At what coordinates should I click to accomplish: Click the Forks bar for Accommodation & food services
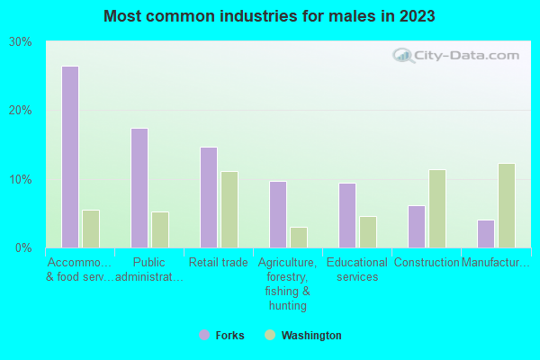pos(70,157)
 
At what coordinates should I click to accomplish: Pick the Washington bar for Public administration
pos(160,229)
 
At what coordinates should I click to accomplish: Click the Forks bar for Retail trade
pos(209,197)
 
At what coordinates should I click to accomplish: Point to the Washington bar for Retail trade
pos(229,209)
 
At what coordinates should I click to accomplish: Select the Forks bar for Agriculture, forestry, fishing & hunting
pos(278,214)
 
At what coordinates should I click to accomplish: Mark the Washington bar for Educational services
pos(368,231)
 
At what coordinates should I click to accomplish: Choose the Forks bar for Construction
pos(417,226)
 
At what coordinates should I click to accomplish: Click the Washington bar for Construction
pos(437,208)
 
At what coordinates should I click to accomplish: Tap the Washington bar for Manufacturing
pos(507,205)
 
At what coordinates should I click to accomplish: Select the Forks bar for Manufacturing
pos(486,233)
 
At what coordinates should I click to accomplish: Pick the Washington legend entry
pos(302,336)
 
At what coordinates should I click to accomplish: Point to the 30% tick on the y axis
pos(21,42)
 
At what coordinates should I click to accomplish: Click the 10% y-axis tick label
pos(21,179)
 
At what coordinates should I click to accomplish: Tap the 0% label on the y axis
pos(24,247)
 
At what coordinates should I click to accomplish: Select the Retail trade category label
pos(219,263)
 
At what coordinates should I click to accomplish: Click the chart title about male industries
pos(270,16)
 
